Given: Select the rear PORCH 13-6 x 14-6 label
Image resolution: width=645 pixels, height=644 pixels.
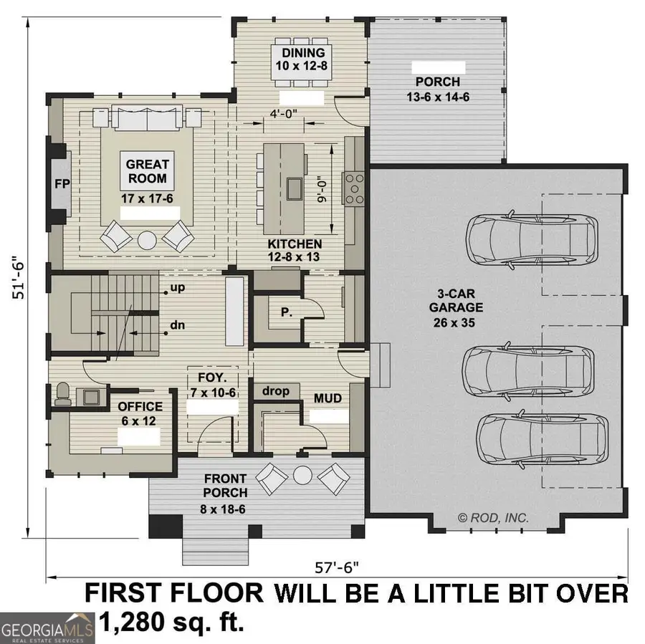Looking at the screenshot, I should tap(437, 89).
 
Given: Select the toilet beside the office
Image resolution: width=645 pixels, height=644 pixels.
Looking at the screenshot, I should tap(63, 395).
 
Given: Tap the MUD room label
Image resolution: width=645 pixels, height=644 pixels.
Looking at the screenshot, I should tap(328, 398).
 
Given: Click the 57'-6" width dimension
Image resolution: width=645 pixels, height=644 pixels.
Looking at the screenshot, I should tap(337, 567).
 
